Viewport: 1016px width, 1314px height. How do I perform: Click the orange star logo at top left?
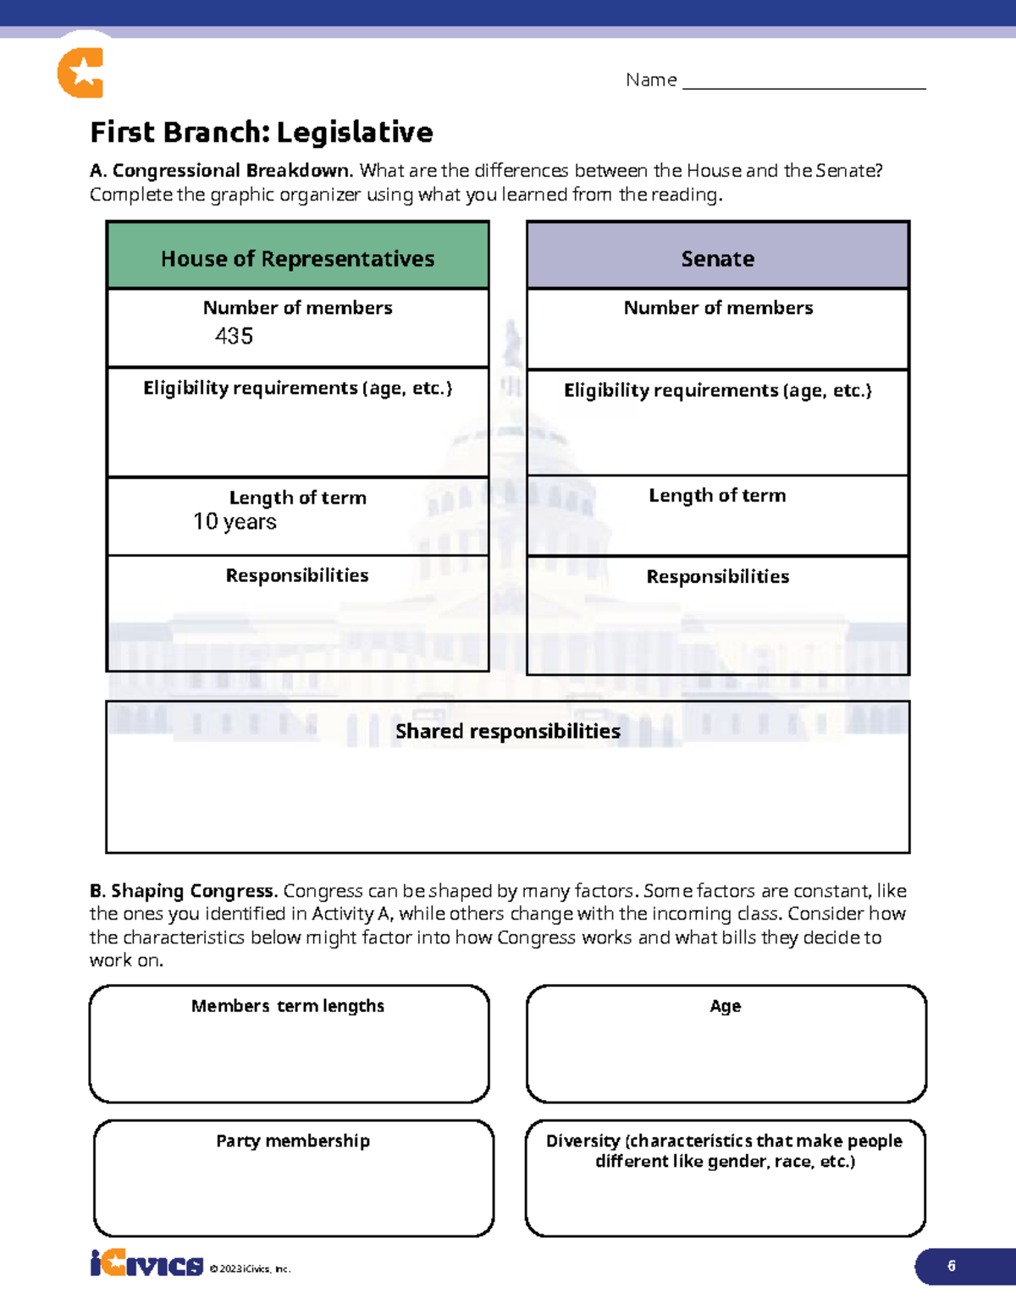[x=81, y=73]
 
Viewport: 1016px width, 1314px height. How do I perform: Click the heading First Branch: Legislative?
[x=261, y=132]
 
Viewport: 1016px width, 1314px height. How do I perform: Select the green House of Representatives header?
[x=297, y=256]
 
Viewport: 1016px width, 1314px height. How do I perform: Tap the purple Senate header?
[x=717, y=256]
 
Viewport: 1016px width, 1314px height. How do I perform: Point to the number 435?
[x=234, y=336]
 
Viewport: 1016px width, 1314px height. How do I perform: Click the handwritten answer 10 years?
[x=235, y=522]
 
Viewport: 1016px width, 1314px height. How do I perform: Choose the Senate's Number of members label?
[x=718, y=308]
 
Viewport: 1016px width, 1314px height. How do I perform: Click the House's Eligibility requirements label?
[x=297, y=388]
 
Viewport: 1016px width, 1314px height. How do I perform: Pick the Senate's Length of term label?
[x=717, y=496]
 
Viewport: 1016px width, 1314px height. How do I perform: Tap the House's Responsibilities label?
[x=297, y=575]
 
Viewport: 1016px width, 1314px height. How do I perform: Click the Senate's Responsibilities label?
[x=717, y=577]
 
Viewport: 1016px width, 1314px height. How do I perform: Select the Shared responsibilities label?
[x=507, y=731]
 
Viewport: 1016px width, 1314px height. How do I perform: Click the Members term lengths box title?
[x=288, y=1006]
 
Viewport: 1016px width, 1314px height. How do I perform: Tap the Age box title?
[x=725, y=1006]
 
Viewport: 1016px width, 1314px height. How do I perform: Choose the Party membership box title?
[x=293, y=1141]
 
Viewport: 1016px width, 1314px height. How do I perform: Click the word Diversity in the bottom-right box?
[x=583, y=1141]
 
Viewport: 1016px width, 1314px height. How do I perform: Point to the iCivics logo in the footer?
[x=146, y=1264]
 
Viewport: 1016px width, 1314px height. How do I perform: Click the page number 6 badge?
[x=952, y=1266]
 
